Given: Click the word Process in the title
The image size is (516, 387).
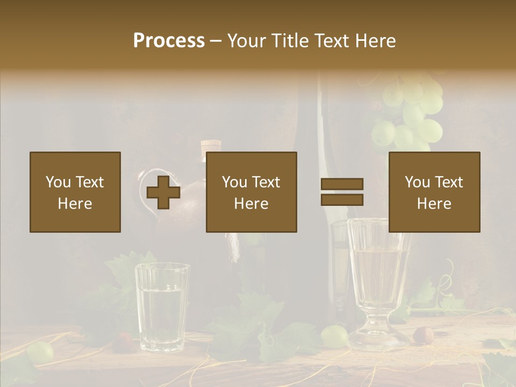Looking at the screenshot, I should coord(169,41).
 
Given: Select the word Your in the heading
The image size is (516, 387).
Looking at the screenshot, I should coord(248,41).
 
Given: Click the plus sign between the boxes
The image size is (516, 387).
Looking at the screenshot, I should coord(163,192).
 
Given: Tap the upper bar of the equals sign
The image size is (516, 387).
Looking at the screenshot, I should coord(342,184).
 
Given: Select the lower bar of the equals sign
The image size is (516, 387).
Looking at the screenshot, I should coord(342,199).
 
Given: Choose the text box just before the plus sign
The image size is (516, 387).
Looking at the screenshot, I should coord(75,192).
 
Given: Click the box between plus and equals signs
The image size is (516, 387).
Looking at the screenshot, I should coord(251,192).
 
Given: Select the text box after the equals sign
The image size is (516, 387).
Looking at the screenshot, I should coord(434,192).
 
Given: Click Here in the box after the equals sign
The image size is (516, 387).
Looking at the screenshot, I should coord(434,204).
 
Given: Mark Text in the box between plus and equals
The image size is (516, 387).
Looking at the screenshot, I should coord(266,182).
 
